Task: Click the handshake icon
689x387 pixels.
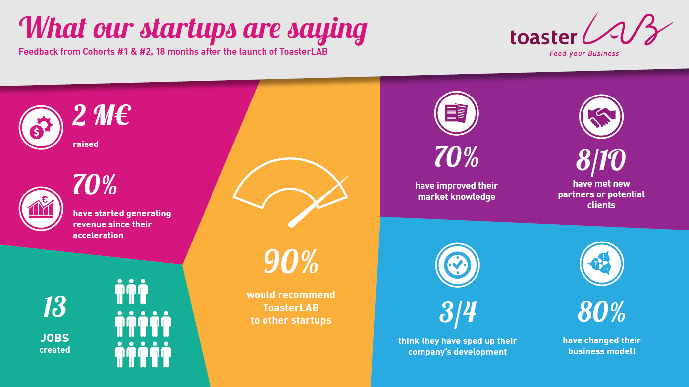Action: (x=601, y=117)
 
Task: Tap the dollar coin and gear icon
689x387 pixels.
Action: (x=41, y=128)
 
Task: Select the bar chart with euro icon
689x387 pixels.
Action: (x=41, y=209)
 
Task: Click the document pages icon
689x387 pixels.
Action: (x=457, y=113)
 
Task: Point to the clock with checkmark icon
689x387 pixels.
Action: (x=457, y=265)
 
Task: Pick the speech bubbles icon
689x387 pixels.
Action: (x=602, y=264)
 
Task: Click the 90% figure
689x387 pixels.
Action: (x=291, y=262)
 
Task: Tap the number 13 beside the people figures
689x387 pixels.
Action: (x=54, y=307)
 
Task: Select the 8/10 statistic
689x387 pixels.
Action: (x=601, y=161)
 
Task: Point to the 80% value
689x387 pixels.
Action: (x=601, y=312)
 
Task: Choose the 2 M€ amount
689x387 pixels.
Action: (x=102, y=116)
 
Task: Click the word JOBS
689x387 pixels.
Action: (x=55, y=338)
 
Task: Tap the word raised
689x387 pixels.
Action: (x=86, y=144)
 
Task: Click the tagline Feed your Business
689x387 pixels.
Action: (x=584, y=54)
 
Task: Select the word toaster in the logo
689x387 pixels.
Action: (x=543, y=38)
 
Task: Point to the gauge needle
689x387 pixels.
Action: (x=318, y=201)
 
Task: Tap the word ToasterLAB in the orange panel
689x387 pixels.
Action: (x=291, y=308)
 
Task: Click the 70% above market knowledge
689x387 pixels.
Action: (x=457, y=157)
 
